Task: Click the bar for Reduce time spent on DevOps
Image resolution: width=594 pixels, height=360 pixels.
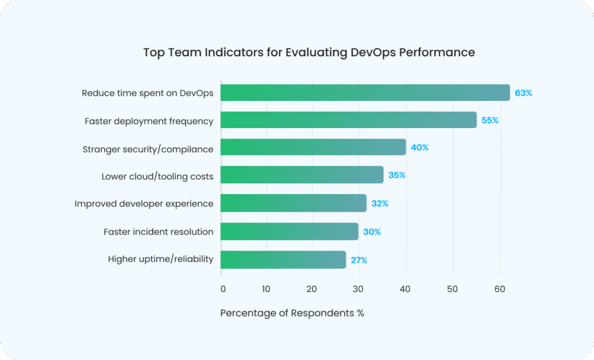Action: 365,93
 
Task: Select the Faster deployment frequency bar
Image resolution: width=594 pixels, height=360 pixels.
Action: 348,121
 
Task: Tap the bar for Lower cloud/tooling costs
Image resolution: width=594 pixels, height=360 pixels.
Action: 302,175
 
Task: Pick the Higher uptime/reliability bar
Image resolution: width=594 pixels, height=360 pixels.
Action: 283,260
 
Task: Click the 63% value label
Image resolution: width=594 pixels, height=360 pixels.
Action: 523,93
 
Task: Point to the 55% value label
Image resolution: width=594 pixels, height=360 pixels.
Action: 490,121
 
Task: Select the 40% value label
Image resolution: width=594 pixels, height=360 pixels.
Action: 419,148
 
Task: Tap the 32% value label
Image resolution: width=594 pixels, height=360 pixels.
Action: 380,203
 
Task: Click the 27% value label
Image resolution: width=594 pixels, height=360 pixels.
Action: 359,260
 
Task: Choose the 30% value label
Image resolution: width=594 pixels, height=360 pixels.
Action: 372,232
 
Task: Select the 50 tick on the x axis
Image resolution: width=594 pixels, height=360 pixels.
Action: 452,289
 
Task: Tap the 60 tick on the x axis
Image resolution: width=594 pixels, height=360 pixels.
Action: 498,289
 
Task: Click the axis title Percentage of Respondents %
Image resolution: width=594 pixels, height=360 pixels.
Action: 292,313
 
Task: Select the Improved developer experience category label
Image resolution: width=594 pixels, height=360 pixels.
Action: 144,203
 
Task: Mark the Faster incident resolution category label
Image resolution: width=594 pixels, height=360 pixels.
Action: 158,232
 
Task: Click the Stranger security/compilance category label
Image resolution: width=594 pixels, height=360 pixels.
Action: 148,149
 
